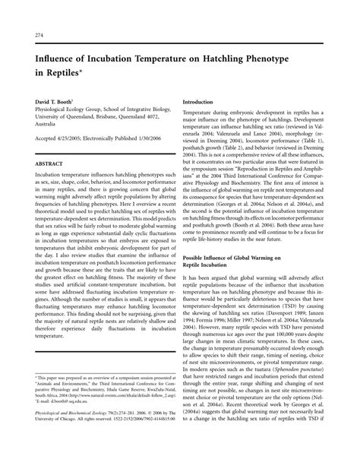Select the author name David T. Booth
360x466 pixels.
[x=54, y=100]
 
